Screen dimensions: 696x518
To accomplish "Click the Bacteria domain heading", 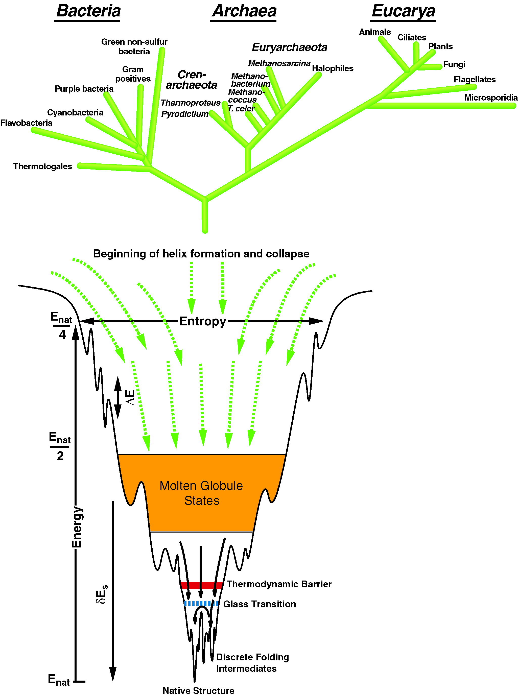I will click(88, 11).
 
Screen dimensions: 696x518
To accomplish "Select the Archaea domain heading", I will click(244, 11).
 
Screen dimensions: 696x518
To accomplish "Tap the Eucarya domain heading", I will click(403, 11).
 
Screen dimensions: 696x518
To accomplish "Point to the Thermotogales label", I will click(43, 166).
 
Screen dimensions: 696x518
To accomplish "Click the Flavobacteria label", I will click(26, 123).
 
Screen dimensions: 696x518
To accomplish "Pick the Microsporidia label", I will click(491, 98).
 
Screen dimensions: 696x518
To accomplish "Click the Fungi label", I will click(454, 64).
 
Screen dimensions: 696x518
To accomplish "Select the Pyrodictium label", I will click(185, 114).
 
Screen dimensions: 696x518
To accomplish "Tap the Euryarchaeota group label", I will click(289, 47).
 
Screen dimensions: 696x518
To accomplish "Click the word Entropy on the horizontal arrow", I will click(203, 321).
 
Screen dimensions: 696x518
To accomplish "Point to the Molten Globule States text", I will click(201, 493).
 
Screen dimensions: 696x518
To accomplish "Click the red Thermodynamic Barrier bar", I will click(202, 585).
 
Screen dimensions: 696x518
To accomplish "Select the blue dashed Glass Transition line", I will click(201, 604).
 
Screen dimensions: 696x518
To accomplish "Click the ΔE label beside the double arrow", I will click(130, 398).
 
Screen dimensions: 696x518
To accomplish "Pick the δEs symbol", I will click(102, 594).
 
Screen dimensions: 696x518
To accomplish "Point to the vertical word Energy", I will click(77, 527).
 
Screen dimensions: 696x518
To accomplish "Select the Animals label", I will click(375, 32).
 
